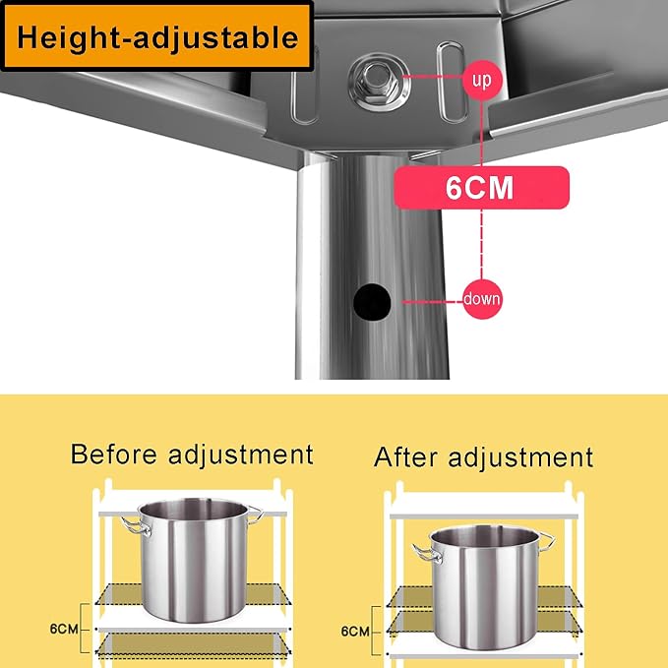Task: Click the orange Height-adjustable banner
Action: click(156, 35)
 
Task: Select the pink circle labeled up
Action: click(482, 80)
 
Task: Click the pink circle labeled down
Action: click(482, 299)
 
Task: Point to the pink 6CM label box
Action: click(481, 188)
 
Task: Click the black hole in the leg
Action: click(372, 302)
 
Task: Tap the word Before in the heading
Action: click(114, 455)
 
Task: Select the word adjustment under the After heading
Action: click(520, 458)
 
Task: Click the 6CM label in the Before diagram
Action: click(64, 629)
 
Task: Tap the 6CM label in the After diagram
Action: click(355, 632)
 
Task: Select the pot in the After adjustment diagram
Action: click(483, 587)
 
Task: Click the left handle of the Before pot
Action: click(136, 526)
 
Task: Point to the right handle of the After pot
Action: click(547, 541)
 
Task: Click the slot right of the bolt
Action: click(453, 82)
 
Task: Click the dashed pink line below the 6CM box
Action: click(482, 244)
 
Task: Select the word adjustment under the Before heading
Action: click(241, 455)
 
